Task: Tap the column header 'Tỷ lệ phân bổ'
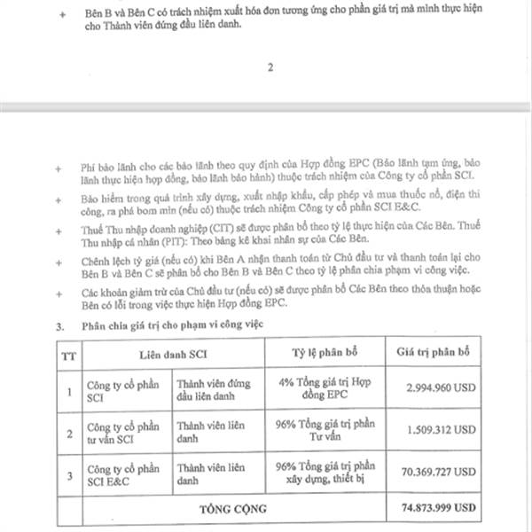pyautogui.click(x=324, y=353)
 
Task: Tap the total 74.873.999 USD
pyautogui.click(x=435, y=511)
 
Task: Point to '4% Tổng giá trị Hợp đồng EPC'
pyautogui.click(x=325, y=387)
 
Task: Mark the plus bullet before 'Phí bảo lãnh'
pyautogui.click(x=59, y=166)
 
